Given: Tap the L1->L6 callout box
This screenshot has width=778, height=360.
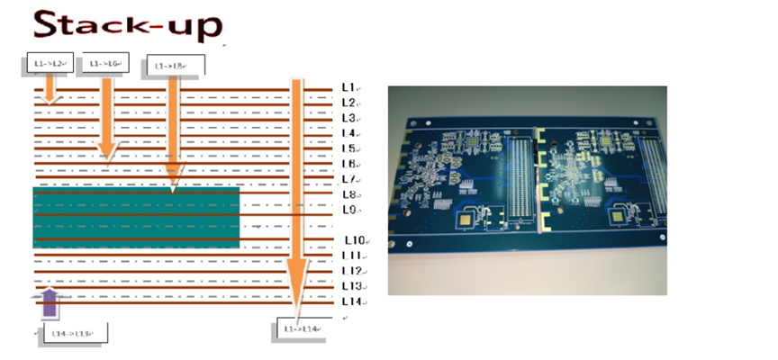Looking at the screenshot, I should (105, 64).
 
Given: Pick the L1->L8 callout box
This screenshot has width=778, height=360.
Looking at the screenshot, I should (175, 65).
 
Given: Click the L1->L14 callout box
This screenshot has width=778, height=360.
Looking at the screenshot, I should (302, 329).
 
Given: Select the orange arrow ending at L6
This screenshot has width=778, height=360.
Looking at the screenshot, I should (107, 117).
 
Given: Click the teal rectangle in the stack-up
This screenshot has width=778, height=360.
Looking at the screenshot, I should (136, 217).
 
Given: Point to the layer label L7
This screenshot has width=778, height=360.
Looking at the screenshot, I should (349, 179).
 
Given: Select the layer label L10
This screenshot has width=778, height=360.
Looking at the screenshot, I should (353, 240).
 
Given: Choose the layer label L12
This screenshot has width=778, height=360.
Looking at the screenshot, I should (351, 271).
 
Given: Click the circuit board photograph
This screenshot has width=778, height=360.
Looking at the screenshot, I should (528, 190).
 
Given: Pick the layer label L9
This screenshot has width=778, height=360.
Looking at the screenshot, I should (349, 210).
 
